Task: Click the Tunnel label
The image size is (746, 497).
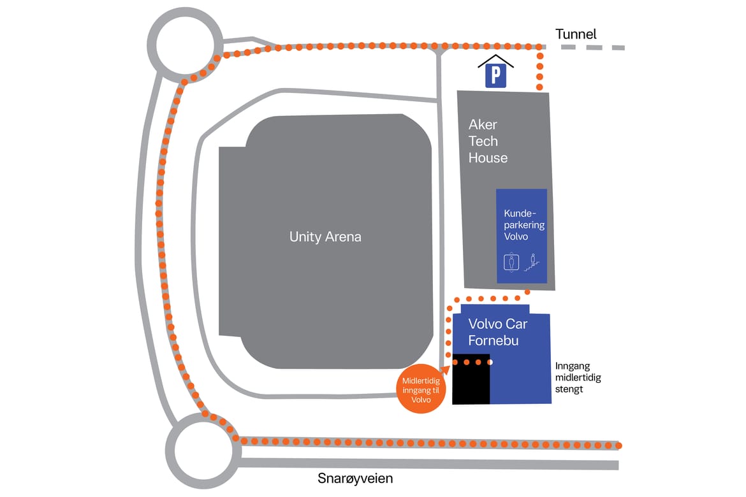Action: click(576, 34)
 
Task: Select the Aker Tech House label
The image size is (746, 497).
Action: click(488, 141)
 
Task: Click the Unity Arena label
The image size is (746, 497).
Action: click(325, 237)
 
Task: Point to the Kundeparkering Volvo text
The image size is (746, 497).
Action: click(524, 225)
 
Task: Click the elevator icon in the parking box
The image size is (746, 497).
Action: click(511, 263)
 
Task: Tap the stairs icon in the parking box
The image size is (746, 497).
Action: click(532, 263)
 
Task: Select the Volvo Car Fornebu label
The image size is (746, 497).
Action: click(497, 332)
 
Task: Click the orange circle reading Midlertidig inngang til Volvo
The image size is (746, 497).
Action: click(421, 389)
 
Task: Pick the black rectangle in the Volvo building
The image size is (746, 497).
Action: click(471, 379)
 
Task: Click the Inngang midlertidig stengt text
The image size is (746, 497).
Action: click(578, 378)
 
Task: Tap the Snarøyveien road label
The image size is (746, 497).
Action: click(355, 479)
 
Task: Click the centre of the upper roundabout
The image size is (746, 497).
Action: click(185, 44)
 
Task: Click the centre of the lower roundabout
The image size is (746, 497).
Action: click(203, 451)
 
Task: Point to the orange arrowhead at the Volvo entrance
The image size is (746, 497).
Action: click(445, 370)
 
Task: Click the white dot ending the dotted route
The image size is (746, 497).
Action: click(490, 363)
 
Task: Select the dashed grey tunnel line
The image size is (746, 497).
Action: click(593, 47)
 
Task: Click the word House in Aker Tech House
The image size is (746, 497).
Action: click(488, 158)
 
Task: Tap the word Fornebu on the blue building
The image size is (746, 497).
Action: click(494, 340)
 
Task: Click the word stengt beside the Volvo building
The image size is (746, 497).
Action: click(569, 389)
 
